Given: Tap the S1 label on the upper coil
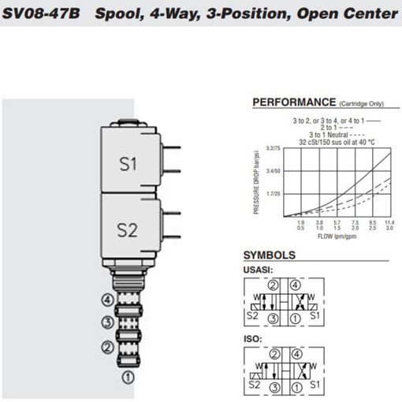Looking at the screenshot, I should (128, 165).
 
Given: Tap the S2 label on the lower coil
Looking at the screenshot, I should (128, 229).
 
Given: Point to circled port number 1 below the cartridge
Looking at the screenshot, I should (127, 377).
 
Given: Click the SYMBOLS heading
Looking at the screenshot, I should (269, 255).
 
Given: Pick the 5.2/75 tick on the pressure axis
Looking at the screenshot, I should (273, 148).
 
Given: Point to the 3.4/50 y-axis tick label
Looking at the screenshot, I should (273, 170).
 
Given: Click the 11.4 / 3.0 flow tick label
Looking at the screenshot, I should (389, 225).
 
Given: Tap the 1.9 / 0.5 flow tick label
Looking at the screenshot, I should (300, 225).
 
